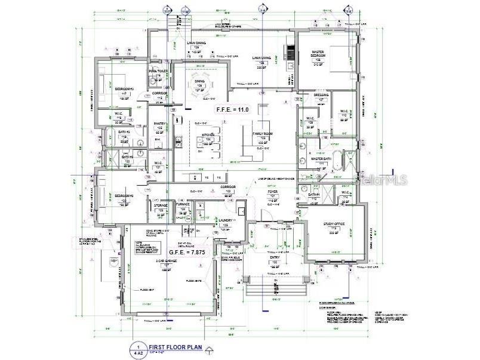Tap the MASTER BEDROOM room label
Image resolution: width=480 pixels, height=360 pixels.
(318, 54)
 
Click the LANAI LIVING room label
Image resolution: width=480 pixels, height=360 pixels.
(261, 58)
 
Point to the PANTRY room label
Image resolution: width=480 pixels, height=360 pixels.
(160, 124)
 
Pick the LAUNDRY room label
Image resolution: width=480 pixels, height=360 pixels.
(226, 220)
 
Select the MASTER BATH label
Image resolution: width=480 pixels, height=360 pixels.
(321, 159)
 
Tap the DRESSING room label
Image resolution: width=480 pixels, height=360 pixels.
(321, 94)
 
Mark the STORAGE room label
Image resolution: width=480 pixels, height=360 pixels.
(161, 205)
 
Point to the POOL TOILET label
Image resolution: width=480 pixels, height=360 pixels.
(159, 71)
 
